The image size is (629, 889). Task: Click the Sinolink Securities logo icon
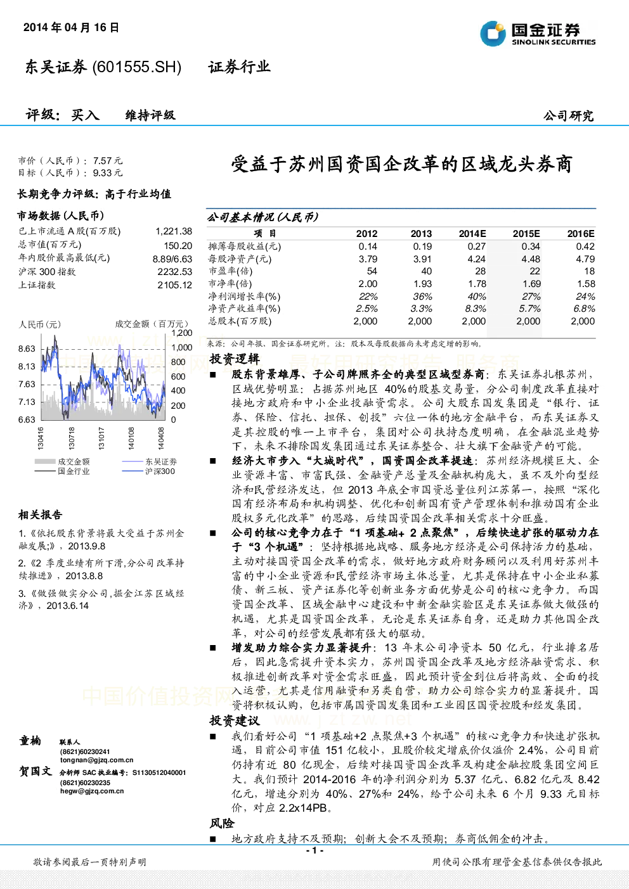(x=493, y=34)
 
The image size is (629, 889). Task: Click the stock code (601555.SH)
(x=136, y=67)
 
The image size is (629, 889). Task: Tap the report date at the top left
(x=71, y=27)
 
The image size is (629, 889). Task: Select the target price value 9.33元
(x=108, y=172)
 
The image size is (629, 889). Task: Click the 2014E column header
(x=472, y=234)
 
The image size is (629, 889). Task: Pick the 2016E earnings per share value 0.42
(x=585, y=246)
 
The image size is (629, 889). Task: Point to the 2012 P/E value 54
(x=372, y=271)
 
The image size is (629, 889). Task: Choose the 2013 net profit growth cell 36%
(x=422, y=297)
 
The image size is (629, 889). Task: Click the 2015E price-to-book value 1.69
(x=531, y=284)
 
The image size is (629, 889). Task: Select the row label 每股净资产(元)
(x=240, y=259)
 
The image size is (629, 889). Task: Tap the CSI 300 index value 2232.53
(x=175, y=272)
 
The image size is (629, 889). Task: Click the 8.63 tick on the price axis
(x=27, y=349)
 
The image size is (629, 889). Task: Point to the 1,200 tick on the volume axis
(x=182, y=333)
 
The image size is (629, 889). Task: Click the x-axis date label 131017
(x=101, y=438)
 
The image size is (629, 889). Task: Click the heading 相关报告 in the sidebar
(x=40, y=515)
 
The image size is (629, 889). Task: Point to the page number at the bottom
(x=314, y=850)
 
